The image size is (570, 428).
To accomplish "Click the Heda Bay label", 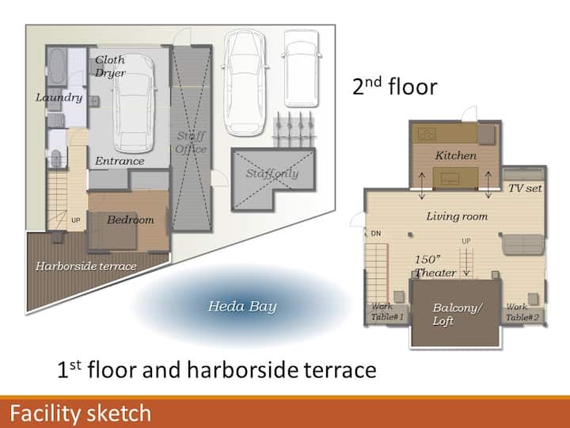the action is (x=242, y=307).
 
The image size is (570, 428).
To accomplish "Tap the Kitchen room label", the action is (x=456, y=156).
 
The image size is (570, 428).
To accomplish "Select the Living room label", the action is (x=457, y=216).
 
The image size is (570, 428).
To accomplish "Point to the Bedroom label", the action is (x=131, y=220).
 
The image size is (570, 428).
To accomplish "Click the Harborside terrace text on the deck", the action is (x=86, y=266).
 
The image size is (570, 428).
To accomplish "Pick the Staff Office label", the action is (x=191, y=143).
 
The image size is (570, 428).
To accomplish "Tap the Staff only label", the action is (x=272, y=174).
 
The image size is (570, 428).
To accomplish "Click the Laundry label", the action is (x=59, y=97).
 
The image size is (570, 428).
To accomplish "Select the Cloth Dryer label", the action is (x=110, y=67).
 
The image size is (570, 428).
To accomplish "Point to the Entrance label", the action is (x=120, y=161).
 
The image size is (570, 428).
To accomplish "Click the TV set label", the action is (x=525, y=188).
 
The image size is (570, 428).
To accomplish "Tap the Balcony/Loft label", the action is (x=458, y=314).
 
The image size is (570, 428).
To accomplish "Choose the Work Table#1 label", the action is (x=387, y=312).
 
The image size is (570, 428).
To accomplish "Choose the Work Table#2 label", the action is (x=522, y=312).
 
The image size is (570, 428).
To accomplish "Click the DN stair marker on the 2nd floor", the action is (x=376, y=233).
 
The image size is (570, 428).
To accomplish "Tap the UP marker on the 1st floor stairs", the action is (x=76, y=220).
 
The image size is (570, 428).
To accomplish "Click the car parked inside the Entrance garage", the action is (x=134, y=104).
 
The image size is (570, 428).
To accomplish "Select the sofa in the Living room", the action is (x=522, y=244).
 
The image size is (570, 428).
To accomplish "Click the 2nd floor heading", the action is (x=395, y=86).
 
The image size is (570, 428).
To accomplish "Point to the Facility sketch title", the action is (x=80, y=414).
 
